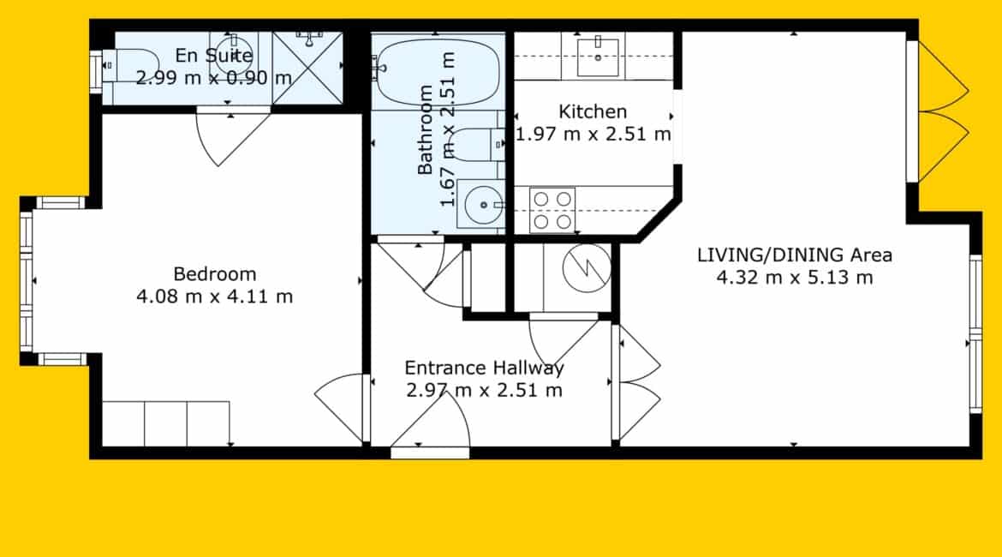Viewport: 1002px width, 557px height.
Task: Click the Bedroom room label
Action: tap(215, 274)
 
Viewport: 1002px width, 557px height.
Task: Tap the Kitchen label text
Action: tap(593, 112)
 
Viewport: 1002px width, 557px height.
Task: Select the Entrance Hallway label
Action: tap(485, 368)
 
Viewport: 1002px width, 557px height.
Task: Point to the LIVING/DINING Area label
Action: tap(794, 255)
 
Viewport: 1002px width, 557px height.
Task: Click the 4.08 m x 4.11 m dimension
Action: tap(215, 296)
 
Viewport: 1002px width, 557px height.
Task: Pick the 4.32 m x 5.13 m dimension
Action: tap(794, 278)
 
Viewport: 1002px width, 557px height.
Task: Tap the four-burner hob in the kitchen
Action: tap(552, 211)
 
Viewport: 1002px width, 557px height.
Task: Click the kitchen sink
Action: tap(598, 57)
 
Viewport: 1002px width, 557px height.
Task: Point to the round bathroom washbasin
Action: tap(481, 205)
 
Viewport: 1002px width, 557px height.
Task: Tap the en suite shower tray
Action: tap(307, 67)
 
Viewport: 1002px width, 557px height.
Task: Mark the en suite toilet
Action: tap(131, 65)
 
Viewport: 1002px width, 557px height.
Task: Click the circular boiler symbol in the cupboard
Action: tap(587, 268)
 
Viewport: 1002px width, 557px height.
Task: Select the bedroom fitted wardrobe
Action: tap(165, 423)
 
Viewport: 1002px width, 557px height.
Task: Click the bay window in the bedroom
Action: tap(27, 281)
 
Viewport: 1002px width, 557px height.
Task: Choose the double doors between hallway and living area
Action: tap(635, 382)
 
